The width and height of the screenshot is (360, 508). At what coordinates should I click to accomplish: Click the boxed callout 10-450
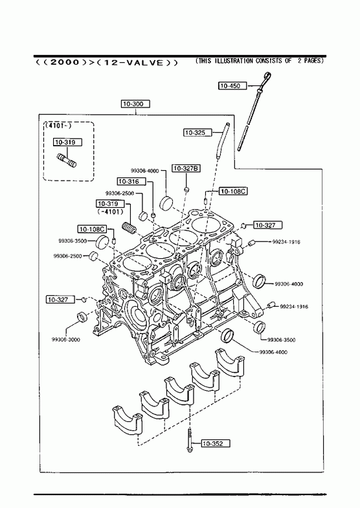click(x=232, y=86)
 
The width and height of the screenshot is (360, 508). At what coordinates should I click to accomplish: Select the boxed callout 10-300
click(x=136, y=104)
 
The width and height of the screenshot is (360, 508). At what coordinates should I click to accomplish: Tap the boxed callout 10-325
click(x=198, y=133)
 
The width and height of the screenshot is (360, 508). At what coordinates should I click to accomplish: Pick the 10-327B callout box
click(x=186, y=168)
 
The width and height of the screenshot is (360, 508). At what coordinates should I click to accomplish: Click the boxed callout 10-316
click(x=131, y=182)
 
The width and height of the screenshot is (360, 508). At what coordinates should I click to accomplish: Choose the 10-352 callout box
click(x=216, y=443)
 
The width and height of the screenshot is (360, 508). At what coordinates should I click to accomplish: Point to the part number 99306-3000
click(x=66, y=340)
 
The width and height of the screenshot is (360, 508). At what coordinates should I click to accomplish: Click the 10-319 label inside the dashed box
click(x=68, y=142)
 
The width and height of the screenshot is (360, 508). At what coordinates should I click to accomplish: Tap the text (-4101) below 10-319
click(x=111, y=212)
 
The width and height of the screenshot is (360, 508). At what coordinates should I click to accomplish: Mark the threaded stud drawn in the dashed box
click(x=67, y=160)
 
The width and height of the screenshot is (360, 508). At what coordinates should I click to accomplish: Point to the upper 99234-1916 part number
click(x=286, y=241)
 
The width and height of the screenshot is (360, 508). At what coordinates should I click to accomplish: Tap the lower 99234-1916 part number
click(x=294, y=307)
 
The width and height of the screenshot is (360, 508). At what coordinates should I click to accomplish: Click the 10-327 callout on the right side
click(x=267, y=225)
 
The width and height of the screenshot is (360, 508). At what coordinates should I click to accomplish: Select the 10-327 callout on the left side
click(x=60, y=300)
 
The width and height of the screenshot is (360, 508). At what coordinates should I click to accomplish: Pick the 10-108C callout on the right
click(x=233, y=192)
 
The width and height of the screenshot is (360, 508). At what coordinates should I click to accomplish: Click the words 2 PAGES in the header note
click(x=310, y=61)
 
